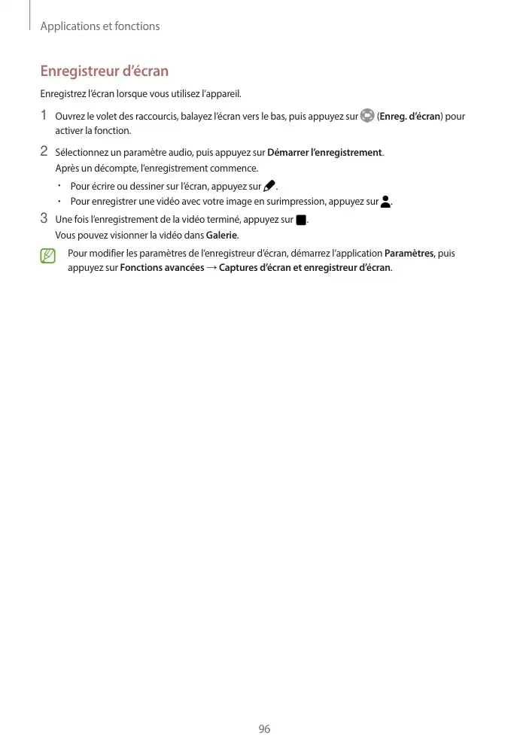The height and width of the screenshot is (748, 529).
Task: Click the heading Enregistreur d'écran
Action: coord(104,71)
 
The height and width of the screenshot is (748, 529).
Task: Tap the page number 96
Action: coord(264,728)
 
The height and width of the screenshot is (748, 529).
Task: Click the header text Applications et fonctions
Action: coord(100,26)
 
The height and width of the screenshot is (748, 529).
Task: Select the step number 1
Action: coord(44,116)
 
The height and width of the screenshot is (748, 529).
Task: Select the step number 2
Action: coord(44,152)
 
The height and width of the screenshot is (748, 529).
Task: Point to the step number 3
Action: coord(44,219)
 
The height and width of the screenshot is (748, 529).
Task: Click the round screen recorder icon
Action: coord(367,116)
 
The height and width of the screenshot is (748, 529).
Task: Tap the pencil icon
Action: coord(269,186)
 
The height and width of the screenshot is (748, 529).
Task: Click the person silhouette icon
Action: coord(386,202)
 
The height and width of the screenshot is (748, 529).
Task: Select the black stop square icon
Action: coord(301,220)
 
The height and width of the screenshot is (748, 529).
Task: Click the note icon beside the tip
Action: coord(48,257)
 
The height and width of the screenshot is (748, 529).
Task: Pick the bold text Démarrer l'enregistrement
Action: coord(325,153)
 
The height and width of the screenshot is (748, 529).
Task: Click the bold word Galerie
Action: coord(222,235)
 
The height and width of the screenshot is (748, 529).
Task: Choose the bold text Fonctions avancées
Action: coord(162,268)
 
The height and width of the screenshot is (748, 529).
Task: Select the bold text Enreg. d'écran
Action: coord(409,117)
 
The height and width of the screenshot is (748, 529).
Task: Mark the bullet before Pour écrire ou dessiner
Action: coord(59,186)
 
